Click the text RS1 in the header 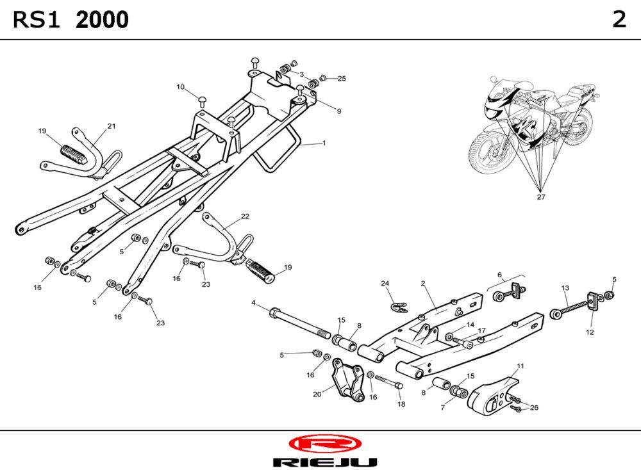36,20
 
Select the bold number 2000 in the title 102,20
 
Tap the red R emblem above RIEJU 324,443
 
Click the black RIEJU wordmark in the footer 324,462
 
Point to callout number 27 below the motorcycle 541,197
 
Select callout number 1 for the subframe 324,143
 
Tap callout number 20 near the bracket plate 317,394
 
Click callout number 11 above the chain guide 520,366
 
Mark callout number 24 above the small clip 385,283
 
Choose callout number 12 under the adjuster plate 590,332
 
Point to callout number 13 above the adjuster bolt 565,288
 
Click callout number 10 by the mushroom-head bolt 181,86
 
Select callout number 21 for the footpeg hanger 112,126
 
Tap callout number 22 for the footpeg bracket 245,216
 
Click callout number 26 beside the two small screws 535,407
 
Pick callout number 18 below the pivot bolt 401,404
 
